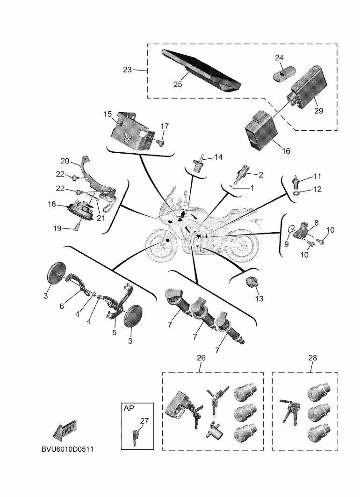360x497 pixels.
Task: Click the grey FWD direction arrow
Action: [x=65, y=430]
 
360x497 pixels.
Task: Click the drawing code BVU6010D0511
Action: [x=68, y=449]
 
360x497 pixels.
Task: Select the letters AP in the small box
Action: [x=129, y=408]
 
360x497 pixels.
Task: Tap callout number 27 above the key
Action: [x=144, y=421]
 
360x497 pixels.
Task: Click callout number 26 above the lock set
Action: [x=201, y=358]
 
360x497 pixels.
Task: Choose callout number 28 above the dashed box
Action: [x=312, y=358]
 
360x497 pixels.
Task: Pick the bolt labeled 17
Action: [x=160, y=143]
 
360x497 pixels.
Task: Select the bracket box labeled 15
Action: [x=132, y=131]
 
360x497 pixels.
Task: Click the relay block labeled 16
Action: [x=260, y=131]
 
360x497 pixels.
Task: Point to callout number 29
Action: [x=318, y=110]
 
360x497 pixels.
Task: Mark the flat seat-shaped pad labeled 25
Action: [x=201, y=71]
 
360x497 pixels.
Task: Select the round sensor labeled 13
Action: [x=252, y=282]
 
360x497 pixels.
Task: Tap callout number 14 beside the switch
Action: [x=218, y=157]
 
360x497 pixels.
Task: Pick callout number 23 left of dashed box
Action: [x=127, y=70]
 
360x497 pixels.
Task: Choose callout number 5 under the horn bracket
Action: [x=114, y=332]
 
